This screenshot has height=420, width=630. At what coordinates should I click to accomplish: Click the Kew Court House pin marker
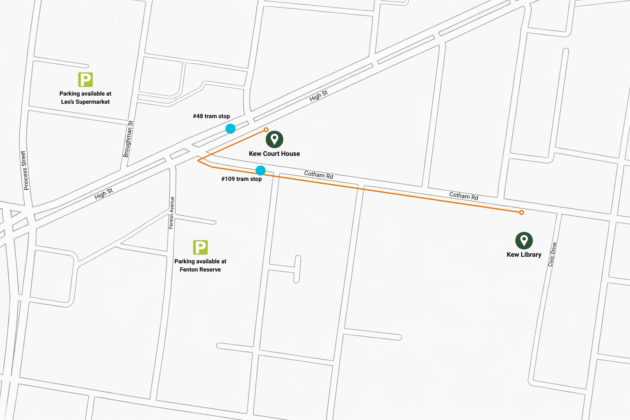(274, 139)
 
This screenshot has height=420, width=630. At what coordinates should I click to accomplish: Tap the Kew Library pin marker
(524, 240)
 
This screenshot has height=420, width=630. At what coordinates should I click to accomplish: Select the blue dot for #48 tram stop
(231, 129)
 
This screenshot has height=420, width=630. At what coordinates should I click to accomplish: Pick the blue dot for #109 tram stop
(260, 170)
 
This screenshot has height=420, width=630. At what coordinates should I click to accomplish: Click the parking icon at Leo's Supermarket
(85, 80)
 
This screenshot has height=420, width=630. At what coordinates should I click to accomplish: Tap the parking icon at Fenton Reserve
(200, 247)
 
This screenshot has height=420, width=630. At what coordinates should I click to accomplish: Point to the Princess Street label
(25, 170)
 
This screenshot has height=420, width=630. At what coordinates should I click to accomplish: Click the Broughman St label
(128, 139)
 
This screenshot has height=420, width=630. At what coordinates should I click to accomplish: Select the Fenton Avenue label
(172, 212)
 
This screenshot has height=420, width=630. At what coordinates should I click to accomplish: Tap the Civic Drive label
(552, 254)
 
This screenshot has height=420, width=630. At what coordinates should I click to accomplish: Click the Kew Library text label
(524, 254)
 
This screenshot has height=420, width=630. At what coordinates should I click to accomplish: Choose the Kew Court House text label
(274, 153)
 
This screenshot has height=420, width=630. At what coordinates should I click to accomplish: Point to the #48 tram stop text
(211, 116)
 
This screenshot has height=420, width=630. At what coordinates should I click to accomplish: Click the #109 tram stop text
(241, 179)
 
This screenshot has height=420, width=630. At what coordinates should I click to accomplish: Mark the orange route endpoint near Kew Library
(521, 212)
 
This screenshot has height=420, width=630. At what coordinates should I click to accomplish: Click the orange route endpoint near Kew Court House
(266, 130)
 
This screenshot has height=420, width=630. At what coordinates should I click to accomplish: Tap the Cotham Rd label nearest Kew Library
(463, 196)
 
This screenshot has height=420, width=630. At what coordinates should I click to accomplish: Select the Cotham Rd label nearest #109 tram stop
(318, 175)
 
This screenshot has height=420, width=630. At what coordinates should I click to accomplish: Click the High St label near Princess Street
(104, 194)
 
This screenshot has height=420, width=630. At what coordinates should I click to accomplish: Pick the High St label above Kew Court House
(318, 96)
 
